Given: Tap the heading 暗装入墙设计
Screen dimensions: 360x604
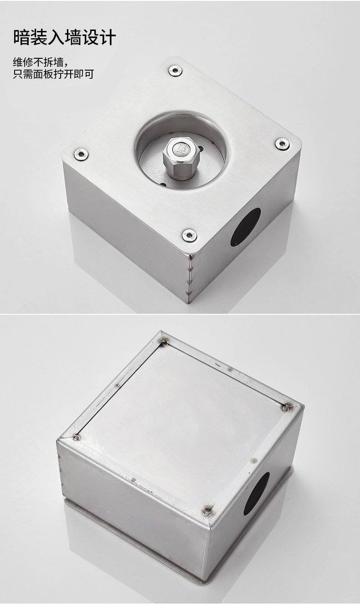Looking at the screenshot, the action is [65, 37].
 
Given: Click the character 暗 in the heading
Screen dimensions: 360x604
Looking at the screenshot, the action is [21, 37].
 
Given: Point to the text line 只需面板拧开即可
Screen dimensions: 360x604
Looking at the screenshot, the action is [53, 74].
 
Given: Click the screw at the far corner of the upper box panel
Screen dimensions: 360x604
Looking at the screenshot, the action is [175, 71].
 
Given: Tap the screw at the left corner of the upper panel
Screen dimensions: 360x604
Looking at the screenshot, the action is [81, 154].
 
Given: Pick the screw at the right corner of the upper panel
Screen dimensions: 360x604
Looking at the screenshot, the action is [283, 144].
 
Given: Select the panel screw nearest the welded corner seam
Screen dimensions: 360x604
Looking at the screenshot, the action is [189, 235].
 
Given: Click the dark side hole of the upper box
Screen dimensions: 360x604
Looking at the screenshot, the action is [246, 227].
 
